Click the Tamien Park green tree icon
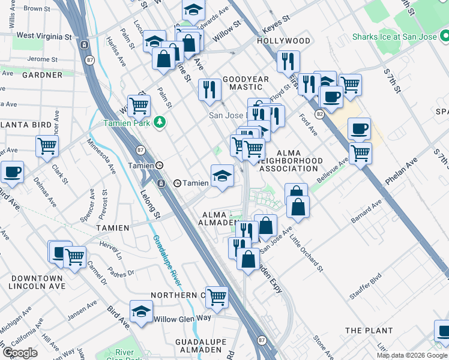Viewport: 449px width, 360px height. click(159, 122)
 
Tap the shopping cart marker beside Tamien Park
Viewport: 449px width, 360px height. click(139, 106)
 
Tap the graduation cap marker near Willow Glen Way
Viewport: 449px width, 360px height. click(141, 311)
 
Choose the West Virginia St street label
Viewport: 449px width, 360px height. click(44, 36)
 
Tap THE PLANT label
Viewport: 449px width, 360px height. click(369, 331)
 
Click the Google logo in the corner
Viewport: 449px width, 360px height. click(20, 352)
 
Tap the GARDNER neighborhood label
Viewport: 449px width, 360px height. click(42, 76)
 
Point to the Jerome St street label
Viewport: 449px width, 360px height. click(46, 59)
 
